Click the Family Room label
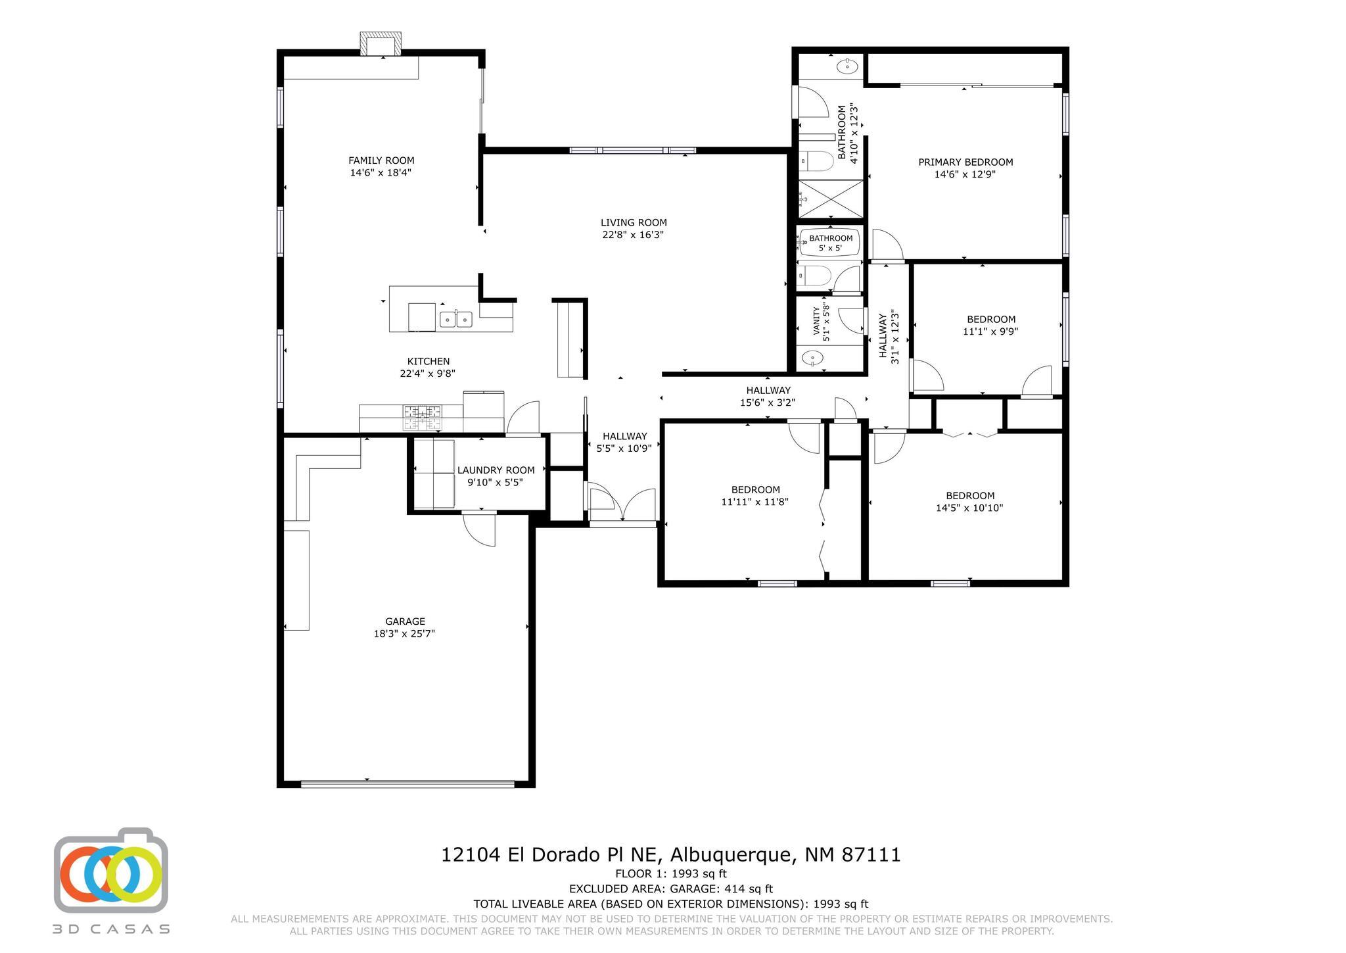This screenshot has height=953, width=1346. click(x=381, y=160)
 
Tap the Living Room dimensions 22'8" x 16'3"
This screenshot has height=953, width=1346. click(x=634, y=235)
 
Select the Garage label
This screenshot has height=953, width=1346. click(x=405, y=622)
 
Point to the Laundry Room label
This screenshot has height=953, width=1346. click(x=496, y=470)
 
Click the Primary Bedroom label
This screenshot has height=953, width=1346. click(x=965, y=162)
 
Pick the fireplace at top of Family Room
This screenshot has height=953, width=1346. click(x=381, y=44)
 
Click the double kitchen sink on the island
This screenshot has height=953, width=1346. click(x=455, y=320)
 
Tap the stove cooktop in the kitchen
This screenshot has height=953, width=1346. click(x=423, y=418)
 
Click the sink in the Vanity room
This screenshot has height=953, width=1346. click(x=813, y=358)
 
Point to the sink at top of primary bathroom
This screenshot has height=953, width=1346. click(x=847, y=66)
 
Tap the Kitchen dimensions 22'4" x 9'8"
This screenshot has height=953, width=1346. click(x=428, y=374)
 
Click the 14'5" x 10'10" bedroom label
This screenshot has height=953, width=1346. click(x=969, y=502)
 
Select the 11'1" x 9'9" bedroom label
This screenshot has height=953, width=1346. click(x=990, y=326)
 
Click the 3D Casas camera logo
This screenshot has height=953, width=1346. click(x=110, y=870)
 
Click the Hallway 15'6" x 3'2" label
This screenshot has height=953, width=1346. click(x=768, y=397)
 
